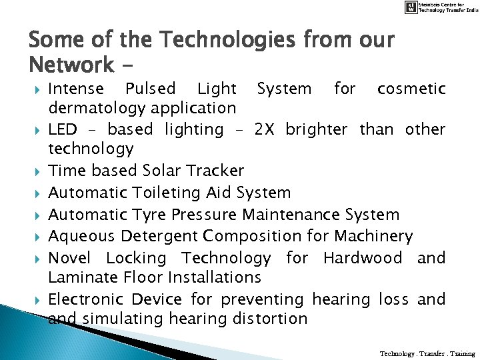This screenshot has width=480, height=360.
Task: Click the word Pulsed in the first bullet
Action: pos(150,89)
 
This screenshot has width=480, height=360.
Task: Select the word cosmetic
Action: pos(411,89)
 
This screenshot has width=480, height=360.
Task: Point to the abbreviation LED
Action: pos(63,129)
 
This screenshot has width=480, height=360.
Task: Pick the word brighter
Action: pos(316,129)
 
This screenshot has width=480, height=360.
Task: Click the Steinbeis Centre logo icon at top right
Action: pos(413,7)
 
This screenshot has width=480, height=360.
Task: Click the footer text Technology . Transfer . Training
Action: pos(427,353)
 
